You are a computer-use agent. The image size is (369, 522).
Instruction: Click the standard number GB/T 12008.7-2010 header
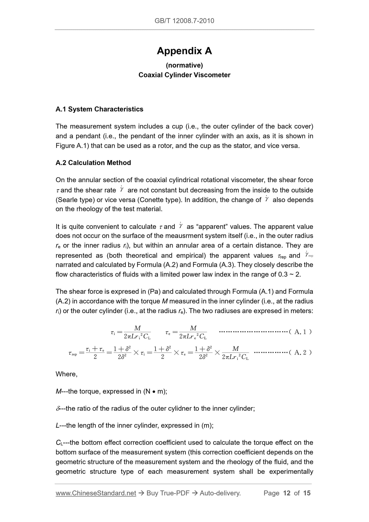(x=184, y=21)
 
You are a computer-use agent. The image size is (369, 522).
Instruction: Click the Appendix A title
(x=184, y=51)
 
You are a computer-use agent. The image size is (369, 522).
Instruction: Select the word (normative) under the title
(x=184, y=65)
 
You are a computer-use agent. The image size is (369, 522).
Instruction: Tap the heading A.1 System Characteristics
(x=99, y=109)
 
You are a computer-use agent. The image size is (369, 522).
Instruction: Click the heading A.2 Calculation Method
(x=93, y=163)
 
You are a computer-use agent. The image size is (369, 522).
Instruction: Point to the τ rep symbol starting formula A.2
(x=73, y=353)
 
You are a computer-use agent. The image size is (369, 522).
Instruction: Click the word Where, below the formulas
(x=66, y=374)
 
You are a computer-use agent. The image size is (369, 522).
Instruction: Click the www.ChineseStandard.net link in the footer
(x=96, y=493)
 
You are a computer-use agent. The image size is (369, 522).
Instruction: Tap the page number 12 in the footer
(x=287, y=493)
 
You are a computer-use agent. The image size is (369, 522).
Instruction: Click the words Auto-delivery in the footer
(x=220, y=493)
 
